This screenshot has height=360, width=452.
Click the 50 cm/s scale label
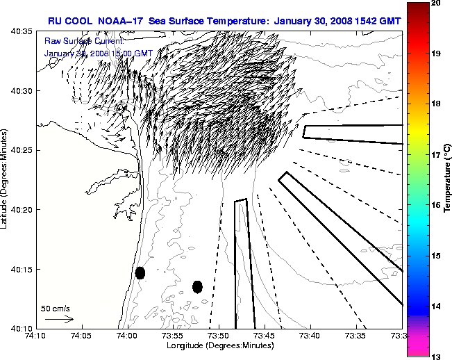tap(56, 308)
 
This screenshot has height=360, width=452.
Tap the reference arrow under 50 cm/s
tap(59, 319)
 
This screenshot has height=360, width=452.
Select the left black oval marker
tap(140, 272)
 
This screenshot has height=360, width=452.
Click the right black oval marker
tap(197, 286)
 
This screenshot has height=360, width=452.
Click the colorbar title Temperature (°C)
tap(448, 179)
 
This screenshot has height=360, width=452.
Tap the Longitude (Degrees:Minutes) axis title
tap(217, 346)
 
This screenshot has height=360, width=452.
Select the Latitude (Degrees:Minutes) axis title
tap(6, 180)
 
